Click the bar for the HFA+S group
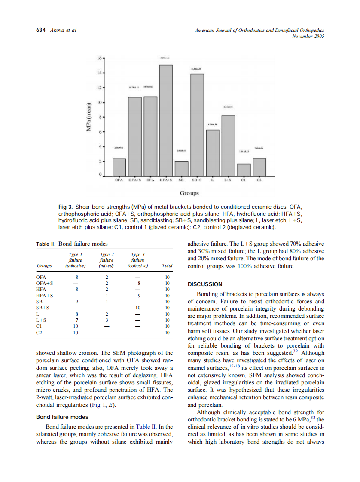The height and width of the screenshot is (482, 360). click(166, 121)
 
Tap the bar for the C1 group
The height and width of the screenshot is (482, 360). click(244, 170)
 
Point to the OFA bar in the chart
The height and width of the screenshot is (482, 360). click(119, 168)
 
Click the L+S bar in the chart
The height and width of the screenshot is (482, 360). click(228, 146)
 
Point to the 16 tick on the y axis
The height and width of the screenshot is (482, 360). click(100, 58)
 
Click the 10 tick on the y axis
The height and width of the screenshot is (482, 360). click(100, 103)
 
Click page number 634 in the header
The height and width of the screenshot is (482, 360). click(40, 30)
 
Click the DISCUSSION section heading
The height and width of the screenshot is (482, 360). click(205, 284)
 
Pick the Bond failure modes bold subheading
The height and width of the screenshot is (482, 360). click(62, 417)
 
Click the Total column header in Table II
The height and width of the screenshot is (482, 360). click(167, 266)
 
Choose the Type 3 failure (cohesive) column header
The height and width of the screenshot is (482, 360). click(137, 260)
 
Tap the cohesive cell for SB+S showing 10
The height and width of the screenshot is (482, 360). click(138, 308)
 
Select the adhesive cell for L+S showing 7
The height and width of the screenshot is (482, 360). click(76, 320)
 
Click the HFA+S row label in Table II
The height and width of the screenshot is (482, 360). click(45, 296)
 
